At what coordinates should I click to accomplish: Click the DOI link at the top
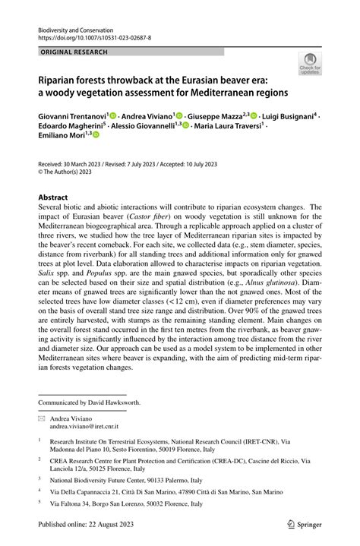click(94, 36)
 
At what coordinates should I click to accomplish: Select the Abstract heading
click(58, 197)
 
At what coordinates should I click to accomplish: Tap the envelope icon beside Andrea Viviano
click(43, 418)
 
